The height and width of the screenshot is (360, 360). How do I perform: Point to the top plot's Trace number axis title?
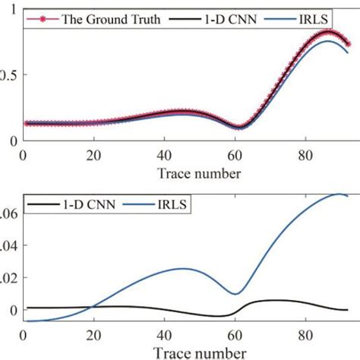pos(201,173)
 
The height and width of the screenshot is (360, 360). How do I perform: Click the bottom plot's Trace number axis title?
pos(201,352)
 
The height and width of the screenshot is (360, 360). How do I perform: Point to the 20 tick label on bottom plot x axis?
pos(94,334)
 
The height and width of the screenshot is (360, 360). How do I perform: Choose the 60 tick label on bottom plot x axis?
pos(235,334)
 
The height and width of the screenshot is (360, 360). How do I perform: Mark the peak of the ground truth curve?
pos(327,32)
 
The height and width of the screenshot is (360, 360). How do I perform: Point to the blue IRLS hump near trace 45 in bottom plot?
pos(183,268)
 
